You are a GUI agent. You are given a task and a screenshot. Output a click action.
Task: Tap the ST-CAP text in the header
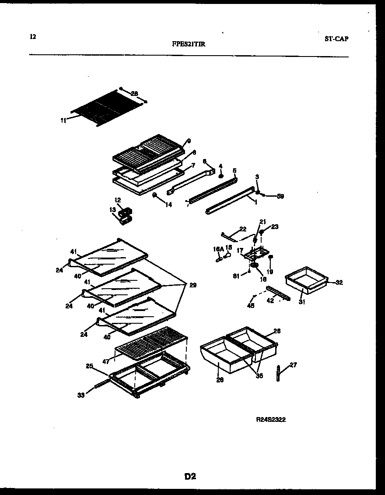[x=336, y=39]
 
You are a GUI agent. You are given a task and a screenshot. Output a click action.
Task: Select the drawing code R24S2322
[x=271, y=419]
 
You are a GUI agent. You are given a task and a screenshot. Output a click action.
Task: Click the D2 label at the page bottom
[x=190, y=477]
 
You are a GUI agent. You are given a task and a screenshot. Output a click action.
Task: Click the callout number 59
[x=280, y=196]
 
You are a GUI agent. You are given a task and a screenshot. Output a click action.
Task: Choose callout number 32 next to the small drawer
[x=339, y=283]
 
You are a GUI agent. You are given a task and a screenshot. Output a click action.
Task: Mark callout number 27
[x=293, y=364]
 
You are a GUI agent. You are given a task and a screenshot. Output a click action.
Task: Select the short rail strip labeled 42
[x=278, y=294]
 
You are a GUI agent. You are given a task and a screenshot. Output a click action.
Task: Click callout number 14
[x=169, y=205]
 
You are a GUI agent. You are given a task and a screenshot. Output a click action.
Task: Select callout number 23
[x=275, y=227]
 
